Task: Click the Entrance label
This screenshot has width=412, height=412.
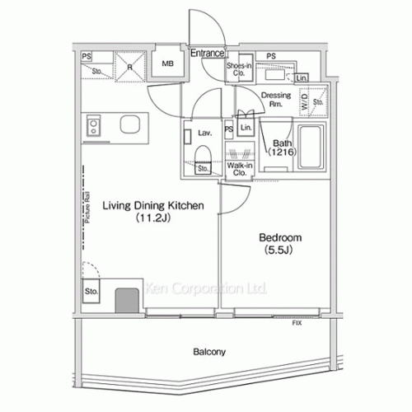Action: coord(208,54)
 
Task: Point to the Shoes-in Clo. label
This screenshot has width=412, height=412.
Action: coord(239,69)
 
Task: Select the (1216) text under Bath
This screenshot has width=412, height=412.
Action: coord(280,152)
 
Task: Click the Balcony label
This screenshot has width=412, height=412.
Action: coord(210,352)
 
